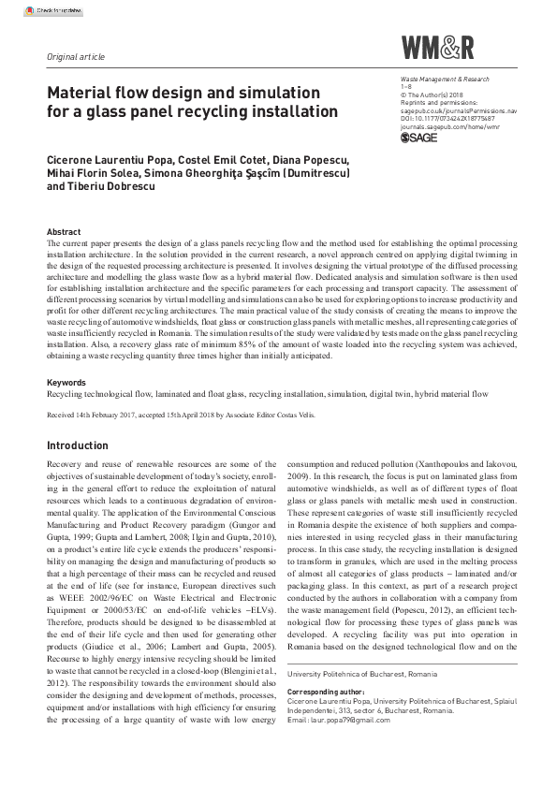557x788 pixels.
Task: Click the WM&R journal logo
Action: coord(438,48)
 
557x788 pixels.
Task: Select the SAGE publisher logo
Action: coord(419,138)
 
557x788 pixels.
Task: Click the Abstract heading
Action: coord(63,232)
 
